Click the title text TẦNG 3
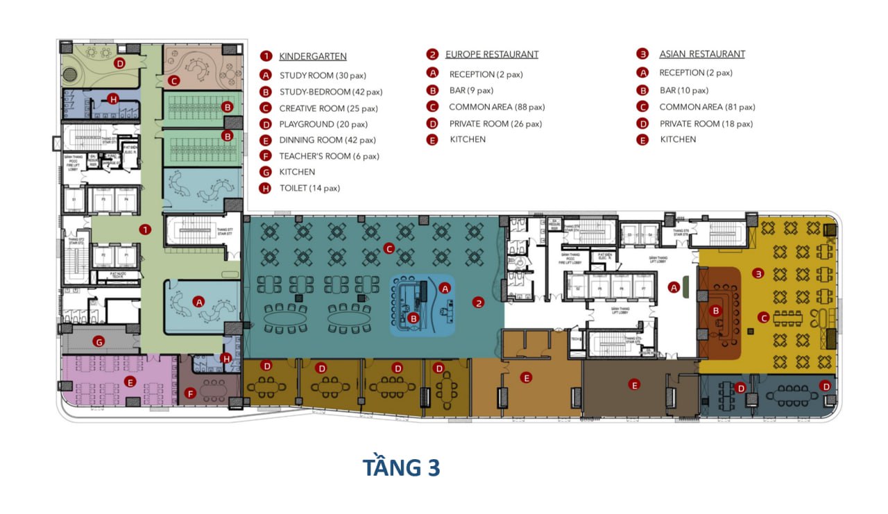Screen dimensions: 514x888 (401, 468)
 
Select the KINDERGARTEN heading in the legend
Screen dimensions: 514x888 (312, 56)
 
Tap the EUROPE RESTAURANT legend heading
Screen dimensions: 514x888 (491, 54)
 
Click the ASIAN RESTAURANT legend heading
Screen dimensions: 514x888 (701, 54)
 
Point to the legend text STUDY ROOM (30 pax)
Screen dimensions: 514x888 (323, 75)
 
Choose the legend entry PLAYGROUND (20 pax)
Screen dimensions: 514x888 (323, 125)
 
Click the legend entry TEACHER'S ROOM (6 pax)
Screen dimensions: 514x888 (329, 156)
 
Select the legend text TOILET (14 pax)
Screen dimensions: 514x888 (309, 188)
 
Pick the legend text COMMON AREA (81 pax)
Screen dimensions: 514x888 (707, 107)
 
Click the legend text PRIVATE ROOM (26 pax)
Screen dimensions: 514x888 (495, 123)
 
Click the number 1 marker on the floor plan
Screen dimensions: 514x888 (144, 230)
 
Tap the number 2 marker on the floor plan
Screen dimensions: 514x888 (477, 302)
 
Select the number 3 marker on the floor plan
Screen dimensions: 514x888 (758, 274)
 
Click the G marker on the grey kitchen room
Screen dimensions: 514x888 (99, 341)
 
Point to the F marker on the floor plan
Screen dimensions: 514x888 (190, 393)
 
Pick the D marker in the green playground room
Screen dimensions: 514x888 (119, 63)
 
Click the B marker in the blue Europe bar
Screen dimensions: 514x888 (413, 318)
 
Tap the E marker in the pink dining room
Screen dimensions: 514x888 (130, 382)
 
